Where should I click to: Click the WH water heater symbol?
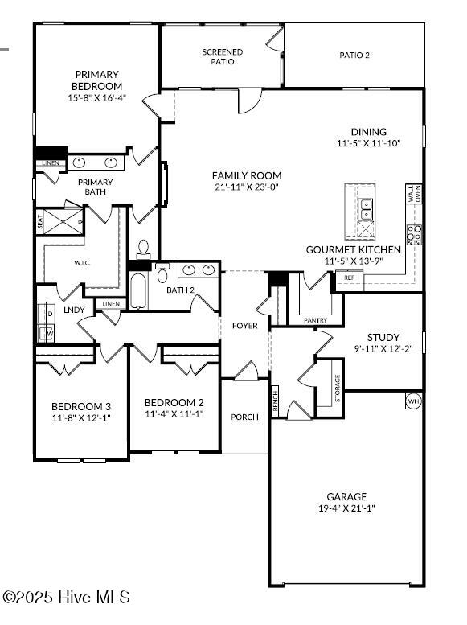(x=413, y=401)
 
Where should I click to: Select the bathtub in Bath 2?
(x=139, y=292)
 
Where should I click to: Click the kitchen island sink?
(x=366, y=210)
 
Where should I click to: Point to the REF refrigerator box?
(x=349, y=278)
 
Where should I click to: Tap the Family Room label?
(x=247, y=175)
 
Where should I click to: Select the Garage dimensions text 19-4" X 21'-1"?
(x=346, y=508)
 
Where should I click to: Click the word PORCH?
(x=244, y=417)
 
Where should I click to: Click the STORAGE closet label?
(x=338, y=389)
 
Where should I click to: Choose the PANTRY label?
(x=316, y=320)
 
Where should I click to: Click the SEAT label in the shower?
(x=40, y=221)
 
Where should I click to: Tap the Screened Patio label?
(x=222, y=56)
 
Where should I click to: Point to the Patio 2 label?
(x=354, y=56)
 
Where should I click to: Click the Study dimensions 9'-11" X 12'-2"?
(x=383, y=349)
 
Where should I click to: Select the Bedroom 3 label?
(x=81, y=406)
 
